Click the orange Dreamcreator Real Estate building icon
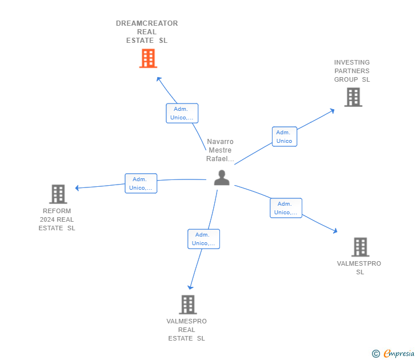click(148, 58)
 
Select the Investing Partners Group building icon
click(353, 97)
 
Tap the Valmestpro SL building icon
click(360, 247)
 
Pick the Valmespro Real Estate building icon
click(187, 305)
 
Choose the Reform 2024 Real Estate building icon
click(58, 194)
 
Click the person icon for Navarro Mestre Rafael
click(222, 178)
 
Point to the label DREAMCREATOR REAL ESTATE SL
click(147, 32)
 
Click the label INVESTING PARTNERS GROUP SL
click(352, 71)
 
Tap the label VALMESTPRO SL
click(359, 267)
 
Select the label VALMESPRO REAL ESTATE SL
click(186, 330)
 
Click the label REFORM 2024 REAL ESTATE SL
click(57, 219)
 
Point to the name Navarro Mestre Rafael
click(220, 150)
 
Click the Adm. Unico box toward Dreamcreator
click(182, 113)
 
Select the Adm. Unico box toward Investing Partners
click(284, 137)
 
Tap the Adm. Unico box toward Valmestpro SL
click(286, 208)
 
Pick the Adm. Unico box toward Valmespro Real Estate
click(203, 239)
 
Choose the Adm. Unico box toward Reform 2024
click(141, 183)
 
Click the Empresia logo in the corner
click(394, 354)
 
